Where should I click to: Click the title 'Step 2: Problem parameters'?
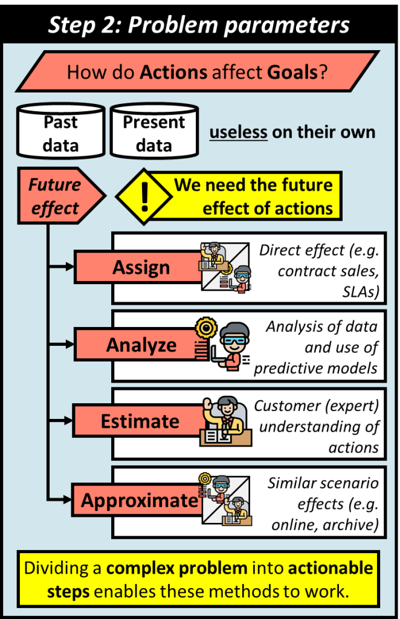tap(199, 25)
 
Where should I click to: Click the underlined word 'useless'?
tap(238, 132)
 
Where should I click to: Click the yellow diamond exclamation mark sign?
tap(144, 196)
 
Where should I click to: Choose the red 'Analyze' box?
tap(140, 345)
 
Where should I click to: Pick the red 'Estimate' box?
tap(140, 421)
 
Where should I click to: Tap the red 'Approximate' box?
tap(140, 500)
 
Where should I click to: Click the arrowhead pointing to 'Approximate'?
tap(68, 499)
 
